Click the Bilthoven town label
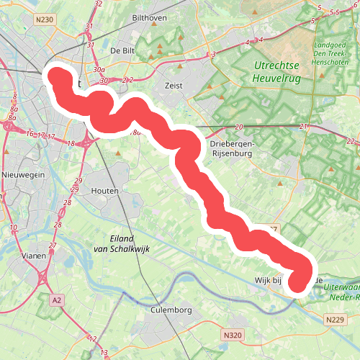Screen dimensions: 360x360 coord(149,16)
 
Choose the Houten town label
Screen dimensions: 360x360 coord(105,190)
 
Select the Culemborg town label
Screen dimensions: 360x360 coord(171,310)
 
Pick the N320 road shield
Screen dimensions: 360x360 coord(232,335)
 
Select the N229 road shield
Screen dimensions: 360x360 coord(335,319)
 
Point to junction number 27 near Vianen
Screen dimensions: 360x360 coord(52,246)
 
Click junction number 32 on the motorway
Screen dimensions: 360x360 coord(99,4)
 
